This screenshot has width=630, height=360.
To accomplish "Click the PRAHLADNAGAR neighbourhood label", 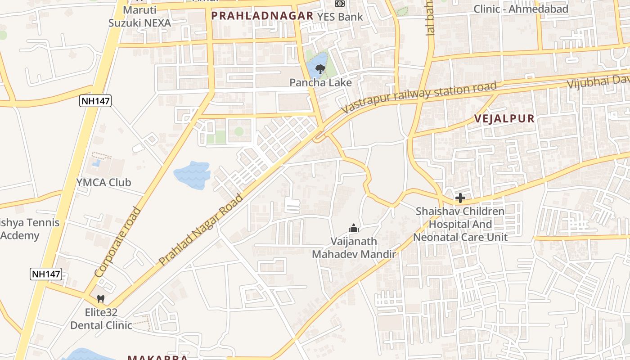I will point(262,16).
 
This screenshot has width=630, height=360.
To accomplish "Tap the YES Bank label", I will point(340,17).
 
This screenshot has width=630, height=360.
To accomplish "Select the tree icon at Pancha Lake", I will point(320,69).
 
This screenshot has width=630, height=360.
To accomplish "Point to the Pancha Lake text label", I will point(320,82).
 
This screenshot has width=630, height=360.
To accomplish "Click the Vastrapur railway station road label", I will point(418,97).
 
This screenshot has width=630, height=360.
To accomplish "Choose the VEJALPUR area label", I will point(504,119).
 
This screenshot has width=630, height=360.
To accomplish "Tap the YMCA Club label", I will point(103,182).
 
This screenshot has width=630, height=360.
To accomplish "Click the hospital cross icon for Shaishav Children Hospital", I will point(460,198).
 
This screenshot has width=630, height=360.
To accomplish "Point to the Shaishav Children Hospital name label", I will point(460,224).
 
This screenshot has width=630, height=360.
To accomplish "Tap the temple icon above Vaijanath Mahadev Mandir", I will point(354,229).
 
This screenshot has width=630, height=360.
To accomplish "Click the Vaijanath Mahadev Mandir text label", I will point(354,248).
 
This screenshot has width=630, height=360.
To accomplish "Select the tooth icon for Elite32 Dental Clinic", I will point(101,299).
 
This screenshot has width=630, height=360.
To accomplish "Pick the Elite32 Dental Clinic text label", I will point(101,319).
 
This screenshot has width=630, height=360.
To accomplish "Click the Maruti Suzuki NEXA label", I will point(139,16).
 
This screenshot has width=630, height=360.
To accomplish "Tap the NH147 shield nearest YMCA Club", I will point(95,101).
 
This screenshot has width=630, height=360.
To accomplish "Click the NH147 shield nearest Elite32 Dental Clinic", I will point(46,274).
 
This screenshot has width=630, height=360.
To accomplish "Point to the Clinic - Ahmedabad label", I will point(521,9).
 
